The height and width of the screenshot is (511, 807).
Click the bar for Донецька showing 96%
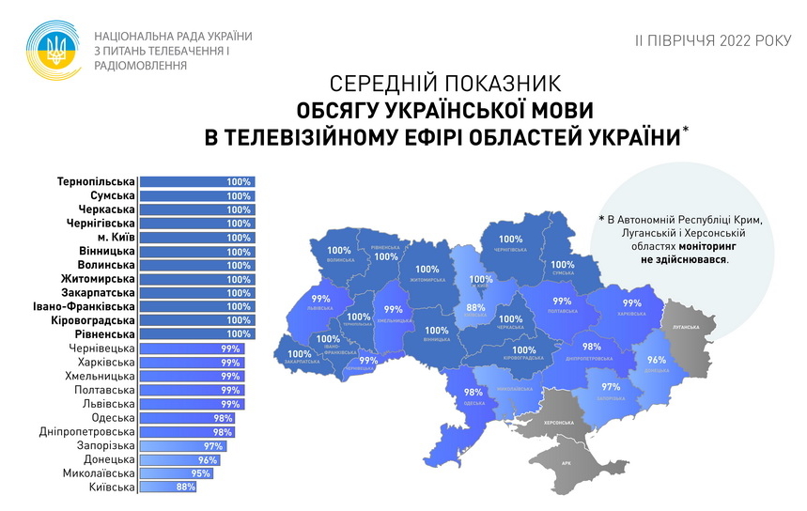178,459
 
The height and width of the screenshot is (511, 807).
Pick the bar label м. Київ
110,238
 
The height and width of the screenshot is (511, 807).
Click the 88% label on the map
475,307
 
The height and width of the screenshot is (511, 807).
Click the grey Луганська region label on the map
689,326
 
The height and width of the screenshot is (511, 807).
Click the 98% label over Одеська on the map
473,393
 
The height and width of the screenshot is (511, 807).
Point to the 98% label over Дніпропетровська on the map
592,347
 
